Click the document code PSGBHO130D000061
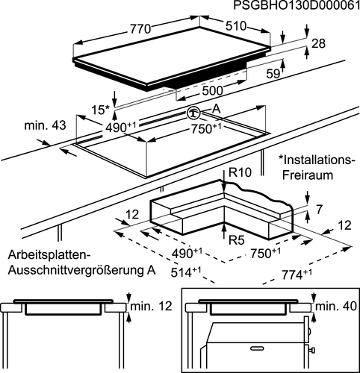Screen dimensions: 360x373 [297, 5]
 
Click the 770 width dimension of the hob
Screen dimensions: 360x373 [140, 29]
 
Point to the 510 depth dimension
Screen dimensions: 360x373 [236, 26]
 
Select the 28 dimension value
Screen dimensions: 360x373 [319, 43]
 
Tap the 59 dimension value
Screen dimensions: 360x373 [273, 74]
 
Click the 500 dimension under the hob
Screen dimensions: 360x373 [212, 91]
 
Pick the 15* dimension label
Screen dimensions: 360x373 [100, 110]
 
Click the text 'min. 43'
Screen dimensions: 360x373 [45, 125]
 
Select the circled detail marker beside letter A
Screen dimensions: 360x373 [193, 113]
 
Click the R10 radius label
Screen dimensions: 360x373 [240, 172]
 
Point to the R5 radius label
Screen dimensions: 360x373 [237, 240]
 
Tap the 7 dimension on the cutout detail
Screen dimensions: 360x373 [320, 209]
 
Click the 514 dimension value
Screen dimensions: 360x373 [186, 272]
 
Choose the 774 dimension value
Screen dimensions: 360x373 [297, 275]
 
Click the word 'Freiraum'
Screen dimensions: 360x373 [308, 175]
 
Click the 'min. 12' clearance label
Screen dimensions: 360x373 [151, 306]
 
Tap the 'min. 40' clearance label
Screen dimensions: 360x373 [336, 306]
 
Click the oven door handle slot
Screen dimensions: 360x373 [258, 348]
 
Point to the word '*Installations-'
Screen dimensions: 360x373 [317, 160]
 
